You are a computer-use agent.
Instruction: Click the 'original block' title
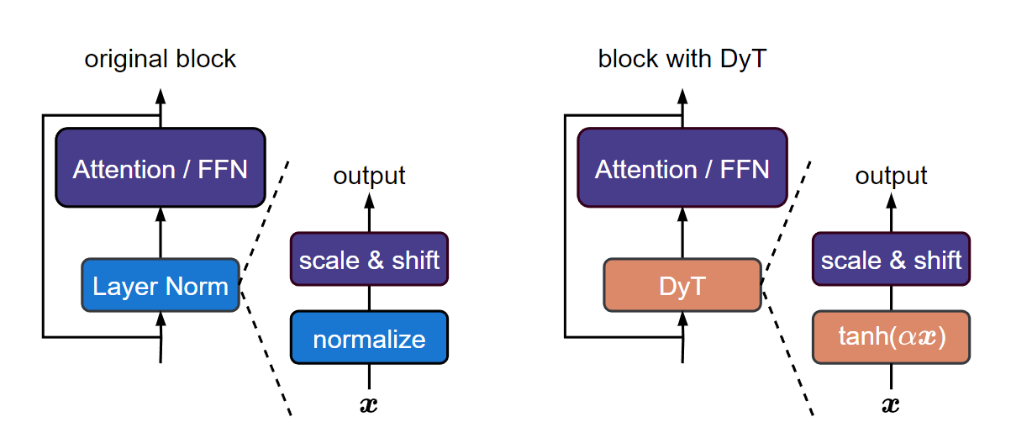[x=161, y=60]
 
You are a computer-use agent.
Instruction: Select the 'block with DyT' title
[x=682, y=60]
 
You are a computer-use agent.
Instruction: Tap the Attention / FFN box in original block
[x=161, y=168]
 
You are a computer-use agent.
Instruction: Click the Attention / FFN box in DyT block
[x=682, y=168]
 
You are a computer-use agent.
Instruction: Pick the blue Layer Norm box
[x=161, y=286]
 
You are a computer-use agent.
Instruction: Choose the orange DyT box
[x=682, y=286]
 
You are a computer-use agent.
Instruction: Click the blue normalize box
[x=369, y=338]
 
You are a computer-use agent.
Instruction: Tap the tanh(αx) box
[x=891, y=338]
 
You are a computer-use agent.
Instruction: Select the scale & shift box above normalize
[x=369, y=260]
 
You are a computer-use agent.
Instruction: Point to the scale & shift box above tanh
[x=891, y=260]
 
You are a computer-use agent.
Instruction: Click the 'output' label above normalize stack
[x=369, y=176]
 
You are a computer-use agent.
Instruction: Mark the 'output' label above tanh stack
[x=891, y=176]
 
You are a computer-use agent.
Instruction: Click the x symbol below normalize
[x=369, y=405]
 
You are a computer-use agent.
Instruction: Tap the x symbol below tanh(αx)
[x=891, y=405]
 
